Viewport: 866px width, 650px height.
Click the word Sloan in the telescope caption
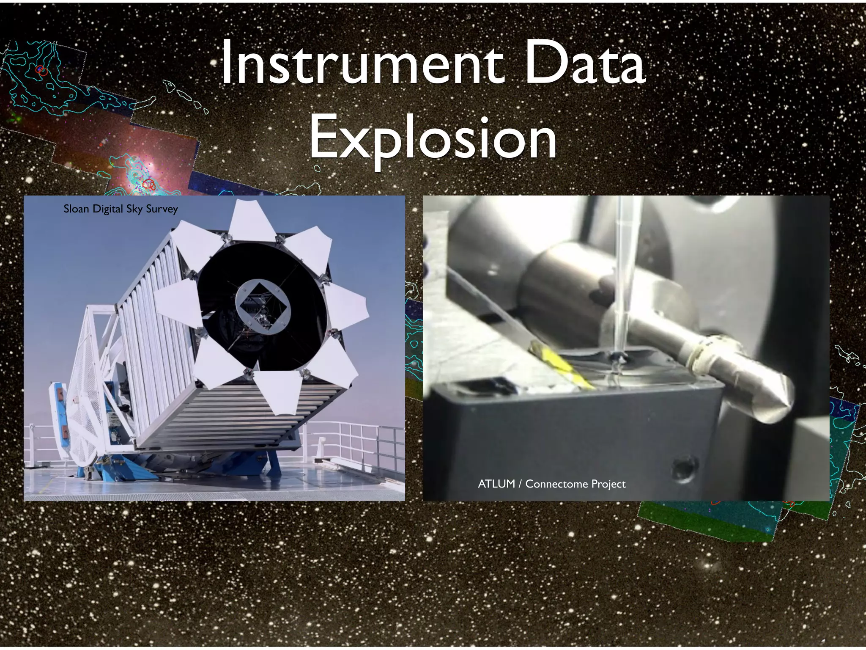click(76, 209)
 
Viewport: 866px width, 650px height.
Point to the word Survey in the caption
click(162, 209)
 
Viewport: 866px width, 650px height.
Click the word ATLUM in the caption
click(496, 484)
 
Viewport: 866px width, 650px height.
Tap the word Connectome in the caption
click(556, 484)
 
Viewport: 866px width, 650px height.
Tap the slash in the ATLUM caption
click(520, 484)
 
